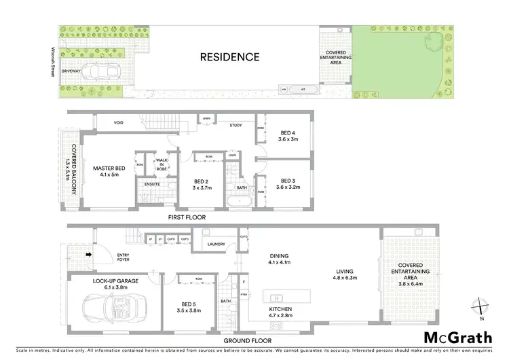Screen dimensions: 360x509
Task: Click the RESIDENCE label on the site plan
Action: tap(229, 57)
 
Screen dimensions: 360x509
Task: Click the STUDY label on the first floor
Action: tap(235, 125)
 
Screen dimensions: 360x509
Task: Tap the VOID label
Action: tap(118, 123)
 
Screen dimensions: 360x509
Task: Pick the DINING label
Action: tap(279, 257)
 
